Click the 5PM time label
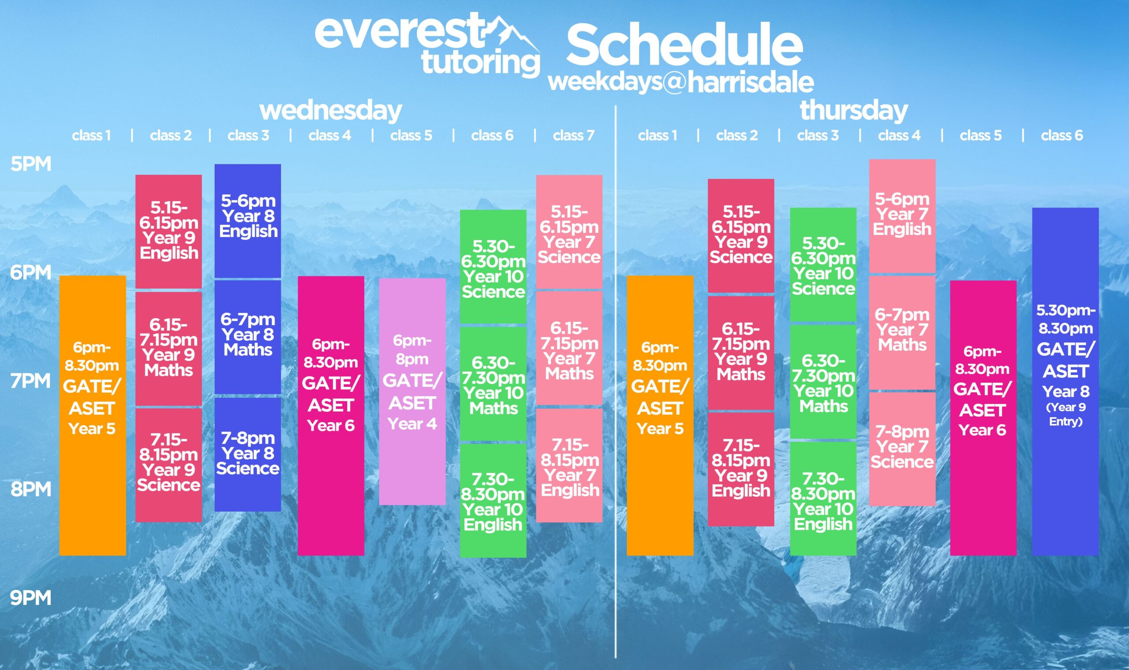pos(31,164)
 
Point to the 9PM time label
pos(31,598)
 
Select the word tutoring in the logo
pos(481,63)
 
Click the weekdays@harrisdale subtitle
pos(681,82)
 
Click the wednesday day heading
pos(331,111)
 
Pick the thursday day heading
pos(853,111)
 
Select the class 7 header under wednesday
pos(573,135)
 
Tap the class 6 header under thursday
pos(1062,135)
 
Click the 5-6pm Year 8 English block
pos(247,221)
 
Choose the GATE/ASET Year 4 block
pos(412,391)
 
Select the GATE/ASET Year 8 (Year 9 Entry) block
pos(1065,381)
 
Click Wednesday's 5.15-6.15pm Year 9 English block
pos(168,231)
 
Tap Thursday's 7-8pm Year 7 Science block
pos(902,449)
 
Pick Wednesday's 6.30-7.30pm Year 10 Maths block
pos(493,383)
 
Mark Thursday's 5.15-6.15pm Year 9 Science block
pos(741,236)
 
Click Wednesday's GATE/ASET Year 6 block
pos(331,416)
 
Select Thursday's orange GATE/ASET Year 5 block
pos(660,415)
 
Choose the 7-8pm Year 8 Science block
pos(247,454)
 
